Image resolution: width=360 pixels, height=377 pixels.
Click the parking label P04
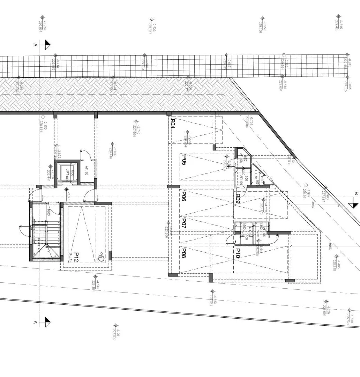[x=173, y=124]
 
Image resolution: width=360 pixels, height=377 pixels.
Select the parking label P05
[x=184, y=160]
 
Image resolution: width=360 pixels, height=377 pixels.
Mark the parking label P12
[x=76, y=257]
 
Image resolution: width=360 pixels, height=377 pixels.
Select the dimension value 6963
[x=330, y=246]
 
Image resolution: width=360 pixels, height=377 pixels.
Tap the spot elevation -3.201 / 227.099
[x=116, y=334]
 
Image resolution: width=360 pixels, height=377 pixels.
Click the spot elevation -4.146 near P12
[x=96, y=286]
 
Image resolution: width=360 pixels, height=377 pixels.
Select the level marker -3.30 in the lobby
[x=69, y=195]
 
